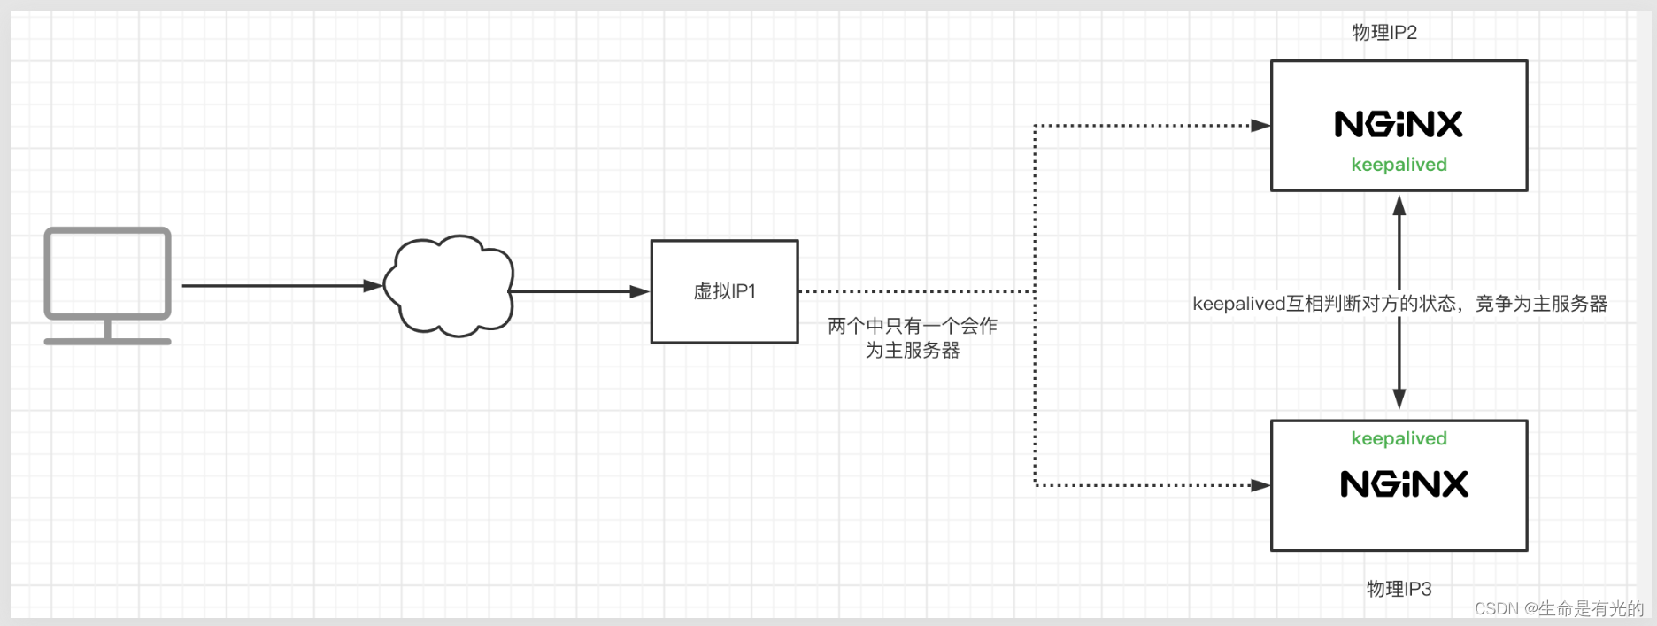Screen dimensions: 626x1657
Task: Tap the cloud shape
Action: [450, 286]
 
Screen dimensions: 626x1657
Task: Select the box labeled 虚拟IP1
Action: [724, 291]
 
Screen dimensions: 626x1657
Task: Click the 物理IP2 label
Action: [1384, 33]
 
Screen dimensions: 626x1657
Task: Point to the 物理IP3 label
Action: [1399, 589]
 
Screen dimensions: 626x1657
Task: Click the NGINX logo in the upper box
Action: [1399, 124]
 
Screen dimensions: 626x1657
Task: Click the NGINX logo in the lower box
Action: [1404, 484]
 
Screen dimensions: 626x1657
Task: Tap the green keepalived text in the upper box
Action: [1399, 165]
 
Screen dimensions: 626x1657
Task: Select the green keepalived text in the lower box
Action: [1399, 438]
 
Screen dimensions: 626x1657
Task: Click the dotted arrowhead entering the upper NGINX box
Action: [1260, 126]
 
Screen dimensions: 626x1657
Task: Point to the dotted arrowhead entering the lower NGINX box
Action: [1260, 485]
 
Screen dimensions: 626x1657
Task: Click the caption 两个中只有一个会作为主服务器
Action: [913, 338]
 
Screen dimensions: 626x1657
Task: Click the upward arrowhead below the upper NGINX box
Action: [1399, 205]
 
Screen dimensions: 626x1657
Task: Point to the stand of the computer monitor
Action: [107, 333]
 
